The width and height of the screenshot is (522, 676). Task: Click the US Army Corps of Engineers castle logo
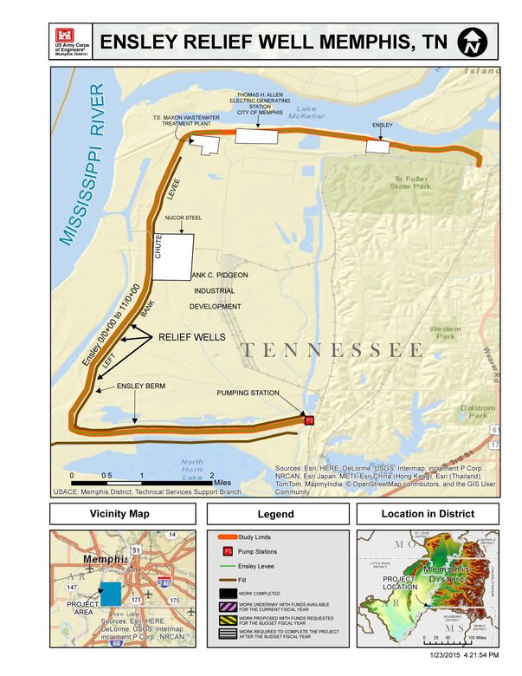65,36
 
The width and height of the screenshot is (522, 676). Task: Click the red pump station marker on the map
307,420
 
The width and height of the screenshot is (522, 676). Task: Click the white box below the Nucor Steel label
172,257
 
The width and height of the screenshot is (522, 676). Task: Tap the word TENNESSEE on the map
332,350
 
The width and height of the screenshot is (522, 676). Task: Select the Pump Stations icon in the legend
229,552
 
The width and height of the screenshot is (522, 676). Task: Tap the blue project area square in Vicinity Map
111,594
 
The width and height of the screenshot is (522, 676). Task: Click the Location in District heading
428,514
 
